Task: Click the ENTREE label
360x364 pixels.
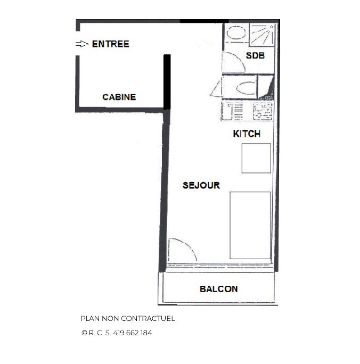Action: [x=110, y=44]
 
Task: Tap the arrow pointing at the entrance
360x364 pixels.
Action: [x=82, y=44]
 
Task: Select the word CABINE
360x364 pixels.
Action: [x=119, y=97]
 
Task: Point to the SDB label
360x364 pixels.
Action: [x=255, y=55]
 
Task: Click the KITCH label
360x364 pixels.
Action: [x=247, y=134]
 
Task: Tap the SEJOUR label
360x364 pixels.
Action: [x=201, y=185]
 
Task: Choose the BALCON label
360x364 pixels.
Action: [x=218, y=289]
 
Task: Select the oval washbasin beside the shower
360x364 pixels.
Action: [x=235, y=33]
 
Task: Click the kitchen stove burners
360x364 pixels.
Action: [x=263, y=111]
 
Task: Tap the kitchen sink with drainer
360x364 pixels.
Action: [x=233, y=111]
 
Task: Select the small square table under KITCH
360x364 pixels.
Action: [x=256, y=158]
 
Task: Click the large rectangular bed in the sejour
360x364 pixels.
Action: [x=250, y=225]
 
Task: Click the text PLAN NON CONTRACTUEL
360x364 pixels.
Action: [x=128, y=319]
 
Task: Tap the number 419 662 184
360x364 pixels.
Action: [x=134, y=333]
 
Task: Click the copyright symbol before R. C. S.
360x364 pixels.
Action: [x=84, y=333]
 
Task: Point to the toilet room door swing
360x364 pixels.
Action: [x=217, y=89]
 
